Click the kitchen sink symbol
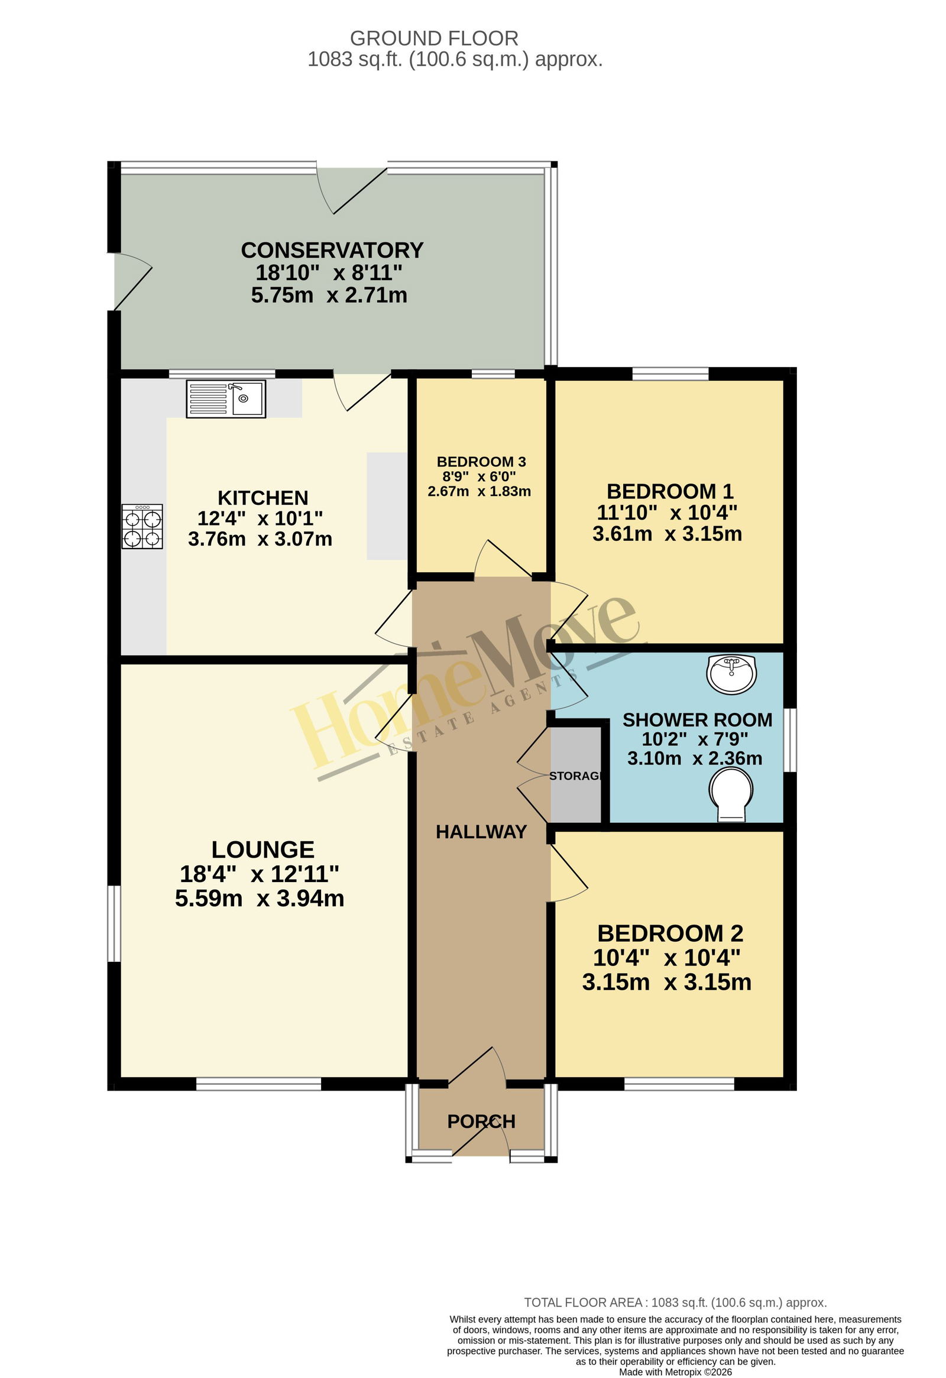pyautogui.click(x=226, y=399)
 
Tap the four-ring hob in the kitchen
pyautogui.click(x=142, y=527)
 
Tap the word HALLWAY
pyautogui.click(x=482, y=832)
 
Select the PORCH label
pyautogui.click(x=482, y=1121)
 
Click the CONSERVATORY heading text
pyautogui.click(x=332, y=250)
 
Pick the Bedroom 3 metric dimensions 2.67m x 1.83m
pyautogui.click(x=480, y=491)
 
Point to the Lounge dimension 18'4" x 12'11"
pyautogui.click(x=260, y=874)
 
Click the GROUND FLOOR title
pyautogui.click(x=434, y=38)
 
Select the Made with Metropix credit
pyautogui.click(x=676, y=1372)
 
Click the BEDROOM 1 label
pyautogui.click(x=670, y=491)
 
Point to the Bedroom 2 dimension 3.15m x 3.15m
pyautogui.click(x=667, y=983)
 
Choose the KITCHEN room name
pyautogui.click(x=263, y=498)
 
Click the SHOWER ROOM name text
pyautogui.click(x=698, y=720)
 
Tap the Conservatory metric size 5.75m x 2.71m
pyautogui.click(x=329, y=296)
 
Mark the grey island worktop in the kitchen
pyautogui.click(x=387, y=506)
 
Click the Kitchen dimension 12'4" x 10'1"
pyautogui.click(x=260, y=518)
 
